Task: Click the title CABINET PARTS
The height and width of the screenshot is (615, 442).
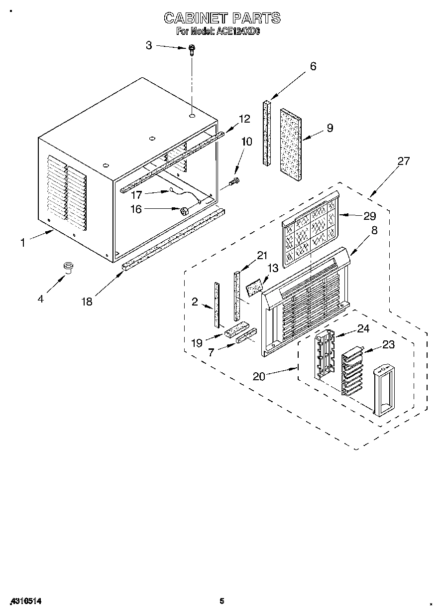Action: coord(222,18)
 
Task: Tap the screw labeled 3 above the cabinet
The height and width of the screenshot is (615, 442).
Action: coord(192,48)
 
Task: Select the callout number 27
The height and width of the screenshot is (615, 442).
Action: coord(403,161)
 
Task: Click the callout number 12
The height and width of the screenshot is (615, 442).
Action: coord(244,119)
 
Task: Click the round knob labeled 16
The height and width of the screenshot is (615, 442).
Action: coord(183,211)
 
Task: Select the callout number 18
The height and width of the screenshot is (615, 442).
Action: coord(87,302)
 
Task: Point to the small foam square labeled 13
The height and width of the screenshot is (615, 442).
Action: coord(254,288)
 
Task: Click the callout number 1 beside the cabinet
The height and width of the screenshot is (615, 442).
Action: coord(22,243)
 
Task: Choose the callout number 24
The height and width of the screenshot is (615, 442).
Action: coord(363,328)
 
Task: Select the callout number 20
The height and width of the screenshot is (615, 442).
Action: coord(259,376)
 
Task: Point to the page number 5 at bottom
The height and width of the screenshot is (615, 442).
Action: coord(222,601)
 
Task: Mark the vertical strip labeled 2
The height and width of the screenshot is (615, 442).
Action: coord(217,305)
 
